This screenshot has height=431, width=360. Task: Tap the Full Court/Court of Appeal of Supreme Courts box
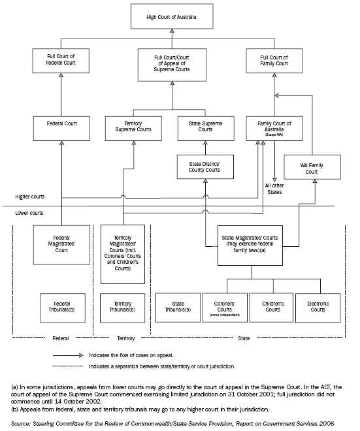[x=180, y=63]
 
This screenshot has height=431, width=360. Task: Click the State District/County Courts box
[x=205, y=166]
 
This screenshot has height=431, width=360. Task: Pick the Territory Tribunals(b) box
[x=123, y=306]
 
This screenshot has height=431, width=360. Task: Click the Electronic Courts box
[x=317, y=306]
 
